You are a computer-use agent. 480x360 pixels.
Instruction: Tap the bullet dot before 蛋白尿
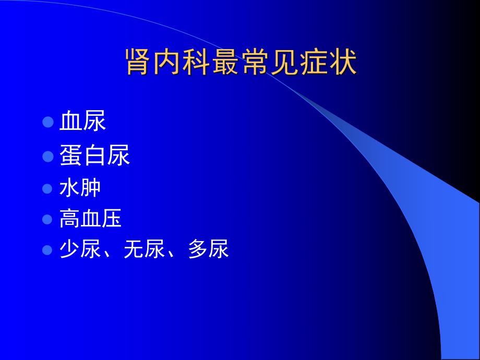tap(48, 156)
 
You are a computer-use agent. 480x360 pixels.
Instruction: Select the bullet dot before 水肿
tap(48, 188)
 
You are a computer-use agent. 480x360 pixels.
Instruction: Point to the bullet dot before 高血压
tap(48, 219)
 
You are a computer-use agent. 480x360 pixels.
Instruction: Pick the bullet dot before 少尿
tap(48, 250)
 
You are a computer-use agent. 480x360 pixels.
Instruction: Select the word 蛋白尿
tap(94, 155)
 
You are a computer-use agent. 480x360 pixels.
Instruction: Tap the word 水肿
tap(80, 188)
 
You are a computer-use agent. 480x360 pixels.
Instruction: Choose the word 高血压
tap(90, 219)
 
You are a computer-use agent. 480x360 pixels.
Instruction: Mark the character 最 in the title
tap(226, 64)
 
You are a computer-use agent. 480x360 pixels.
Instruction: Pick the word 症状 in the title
tap(328, 64)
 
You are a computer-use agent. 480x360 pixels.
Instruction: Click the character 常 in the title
tap(255, 64)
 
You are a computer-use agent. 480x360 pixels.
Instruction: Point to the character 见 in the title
tap(284, 64)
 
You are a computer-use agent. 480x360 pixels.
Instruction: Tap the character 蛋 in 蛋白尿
tap(71, 155)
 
